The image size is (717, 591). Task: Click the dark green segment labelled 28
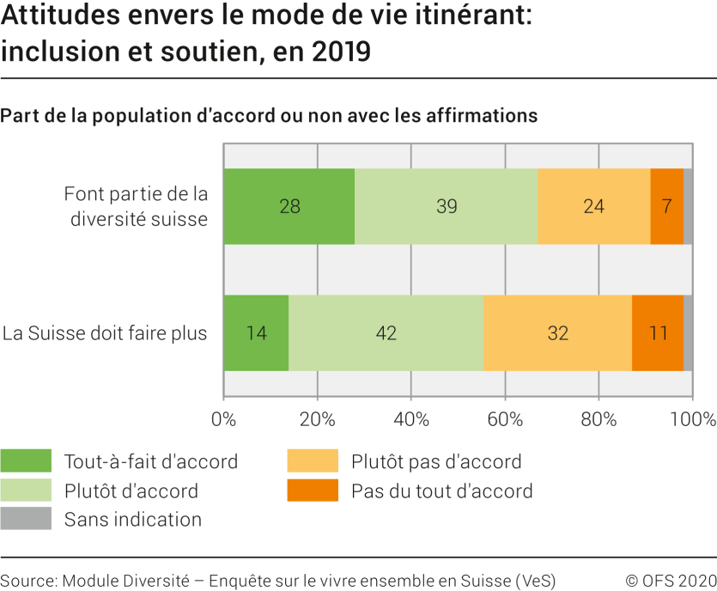289,206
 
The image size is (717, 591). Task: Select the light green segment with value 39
447,206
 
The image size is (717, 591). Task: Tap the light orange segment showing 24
593,206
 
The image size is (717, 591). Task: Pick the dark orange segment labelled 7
666,206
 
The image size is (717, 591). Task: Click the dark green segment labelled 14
256,333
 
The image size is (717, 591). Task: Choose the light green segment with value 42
386,333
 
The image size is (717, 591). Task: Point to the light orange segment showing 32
558,333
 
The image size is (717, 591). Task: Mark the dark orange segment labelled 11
658,333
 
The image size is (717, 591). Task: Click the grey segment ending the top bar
688,206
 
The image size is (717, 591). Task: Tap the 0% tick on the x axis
223,419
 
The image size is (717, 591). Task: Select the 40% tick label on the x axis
411,419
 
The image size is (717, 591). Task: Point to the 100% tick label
692,419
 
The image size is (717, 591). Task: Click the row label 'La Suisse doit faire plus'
105,333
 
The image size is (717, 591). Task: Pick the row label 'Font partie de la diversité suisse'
136,206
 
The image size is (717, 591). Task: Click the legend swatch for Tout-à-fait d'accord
25,461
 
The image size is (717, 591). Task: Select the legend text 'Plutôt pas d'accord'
436,461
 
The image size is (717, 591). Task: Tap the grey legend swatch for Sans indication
25,519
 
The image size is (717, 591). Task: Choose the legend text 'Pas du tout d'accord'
441,490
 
